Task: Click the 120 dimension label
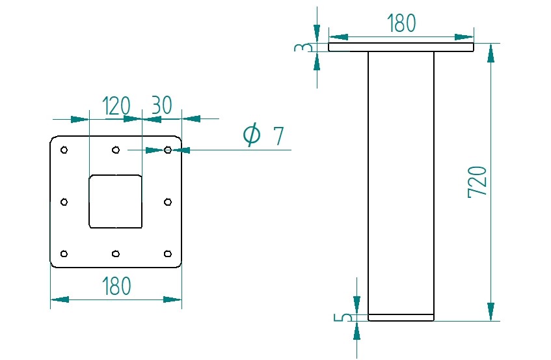click(117, 105)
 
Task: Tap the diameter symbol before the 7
click(252, 135)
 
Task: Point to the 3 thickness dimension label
click(301, 48)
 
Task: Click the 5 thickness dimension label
click(346, 317)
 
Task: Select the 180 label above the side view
click(401, 23)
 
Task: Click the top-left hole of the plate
click(64, 150)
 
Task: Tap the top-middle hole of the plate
click(115, 150)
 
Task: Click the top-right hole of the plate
click(168, 150)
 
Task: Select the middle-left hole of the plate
click(64, 202)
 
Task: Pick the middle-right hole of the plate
click(168, 202)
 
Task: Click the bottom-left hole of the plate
click(64, 253)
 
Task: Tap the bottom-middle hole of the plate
click(115, 253)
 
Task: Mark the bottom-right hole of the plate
click(168, 253)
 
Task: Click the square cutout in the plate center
click(115, 201)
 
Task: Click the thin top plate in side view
click(401, 48)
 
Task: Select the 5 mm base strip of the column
click(401, 317)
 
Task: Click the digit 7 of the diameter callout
click(278, 136)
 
